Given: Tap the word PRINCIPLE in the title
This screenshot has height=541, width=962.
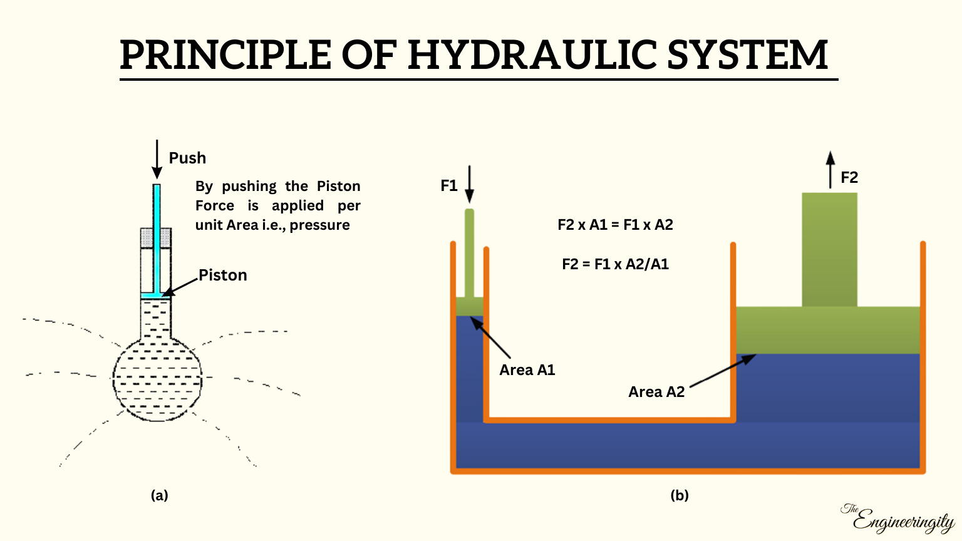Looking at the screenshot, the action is click(225, 55).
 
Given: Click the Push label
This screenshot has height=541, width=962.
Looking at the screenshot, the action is click(187, 158).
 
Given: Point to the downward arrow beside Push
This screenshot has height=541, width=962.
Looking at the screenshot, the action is click(157, 159).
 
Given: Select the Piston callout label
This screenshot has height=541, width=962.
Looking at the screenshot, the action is click(223, 276).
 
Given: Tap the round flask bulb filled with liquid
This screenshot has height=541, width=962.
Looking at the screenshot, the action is click(157, 379).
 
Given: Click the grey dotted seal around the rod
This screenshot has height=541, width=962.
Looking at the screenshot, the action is click(147, 237).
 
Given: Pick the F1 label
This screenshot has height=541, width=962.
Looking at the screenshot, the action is click(449, 186).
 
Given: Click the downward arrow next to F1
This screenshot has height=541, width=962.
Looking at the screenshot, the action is click(470, 184).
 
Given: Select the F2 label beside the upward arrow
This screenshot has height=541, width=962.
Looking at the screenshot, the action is click(849, 178).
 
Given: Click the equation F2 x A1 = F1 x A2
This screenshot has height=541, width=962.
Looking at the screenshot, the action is click(615, 225).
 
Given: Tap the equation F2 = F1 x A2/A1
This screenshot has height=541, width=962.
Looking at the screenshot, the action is click(615, 264).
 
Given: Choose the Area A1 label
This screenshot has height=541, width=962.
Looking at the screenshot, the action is click(527, 370).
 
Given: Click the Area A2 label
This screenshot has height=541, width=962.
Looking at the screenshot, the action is click(656, 392).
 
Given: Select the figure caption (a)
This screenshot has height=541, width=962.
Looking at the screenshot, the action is click(160, 495).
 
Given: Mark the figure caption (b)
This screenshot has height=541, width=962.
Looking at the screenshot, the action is click(680, 495).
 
